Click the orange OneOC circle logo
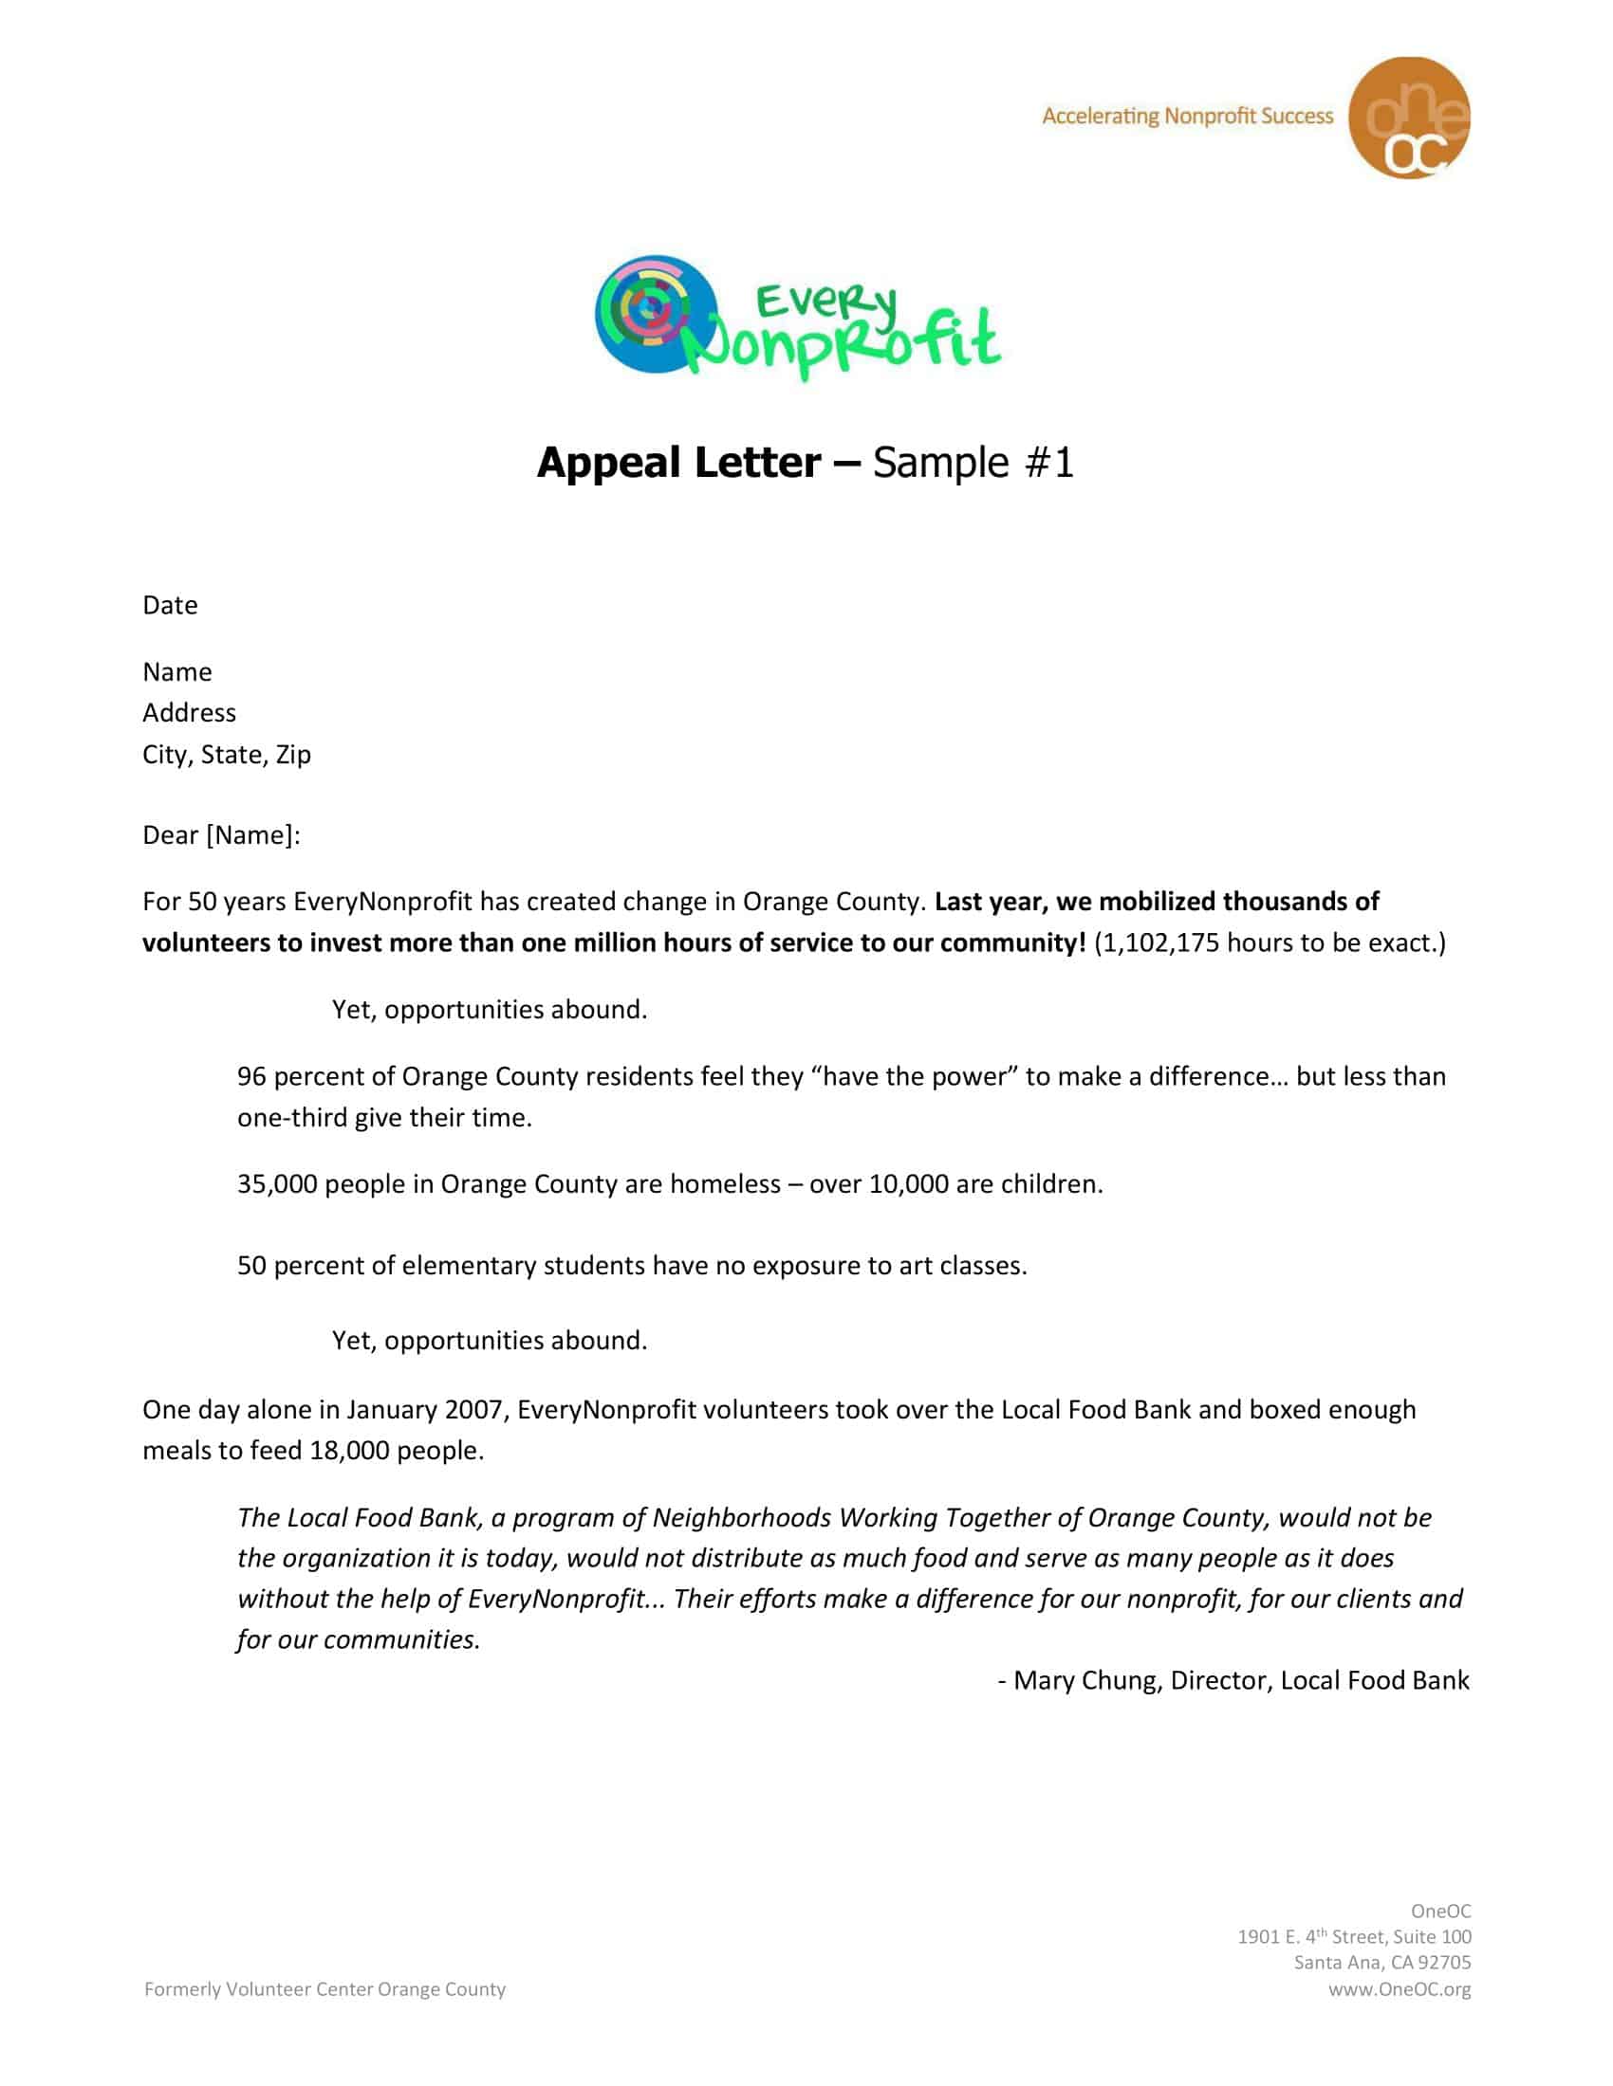tap(1408, 118)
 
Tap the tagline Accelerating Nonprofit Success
tap(1187, 117)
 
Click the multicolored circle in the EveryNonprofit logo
tap(655, 313)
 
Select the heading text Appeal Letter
tap(678, 463)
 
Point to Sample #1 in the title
tap(973, 463)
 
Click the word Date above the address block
tap(170, 606)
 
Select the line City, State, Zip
tap(227, 755)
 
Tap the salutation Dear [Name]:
tap(221, 835)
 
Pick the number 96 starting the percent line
tap(251, 1076)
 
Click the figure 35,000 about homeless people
tap(277, 1184)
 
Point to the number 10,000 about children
tap(908, 1184)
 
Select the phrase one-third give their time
tap(384, 1118)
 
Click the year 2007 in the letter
tap(473, 1410)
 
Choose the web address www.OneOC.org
tap(1399, 1989)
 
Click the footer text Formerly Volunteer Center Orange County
tap(324, 1989)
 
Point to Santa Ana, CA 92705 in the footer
tap(1381, 1963)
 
